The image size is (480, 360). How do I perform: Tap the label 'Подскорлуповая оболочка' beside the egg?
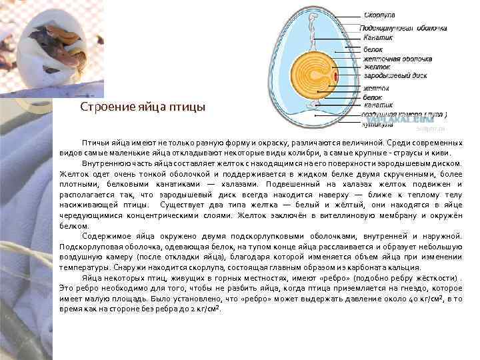(403, 28)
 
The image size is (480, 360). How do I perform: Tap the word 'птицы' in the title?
(192, 107)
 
